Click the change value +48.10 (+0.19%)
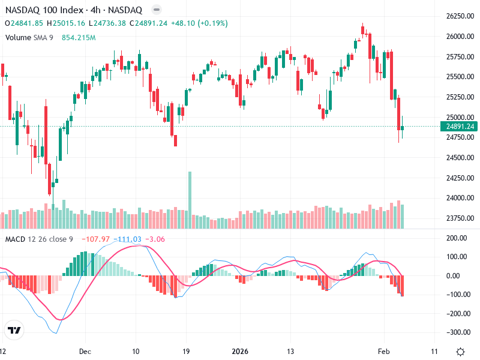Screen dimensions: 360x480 (x=200, y=23)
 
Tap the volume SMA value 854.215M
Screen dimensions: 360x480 (x=79, y=37)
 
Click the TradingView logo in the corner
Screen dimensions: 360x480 (x=14, y=331)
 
